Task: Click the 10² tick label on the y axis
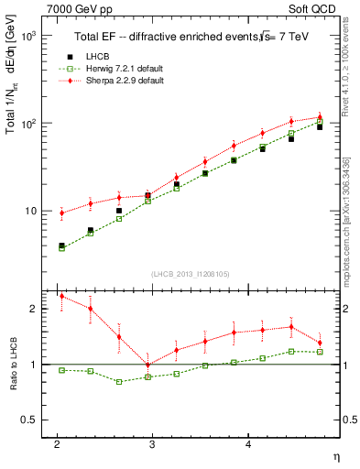[31, 123]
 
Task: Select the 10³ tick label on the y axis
[31, 36]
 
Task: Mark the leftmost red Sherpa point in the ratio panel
[61, 296]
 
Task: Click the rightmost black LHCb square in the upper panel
[320, 126]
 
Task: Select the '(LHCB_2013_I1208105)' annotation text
[191, 273]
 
